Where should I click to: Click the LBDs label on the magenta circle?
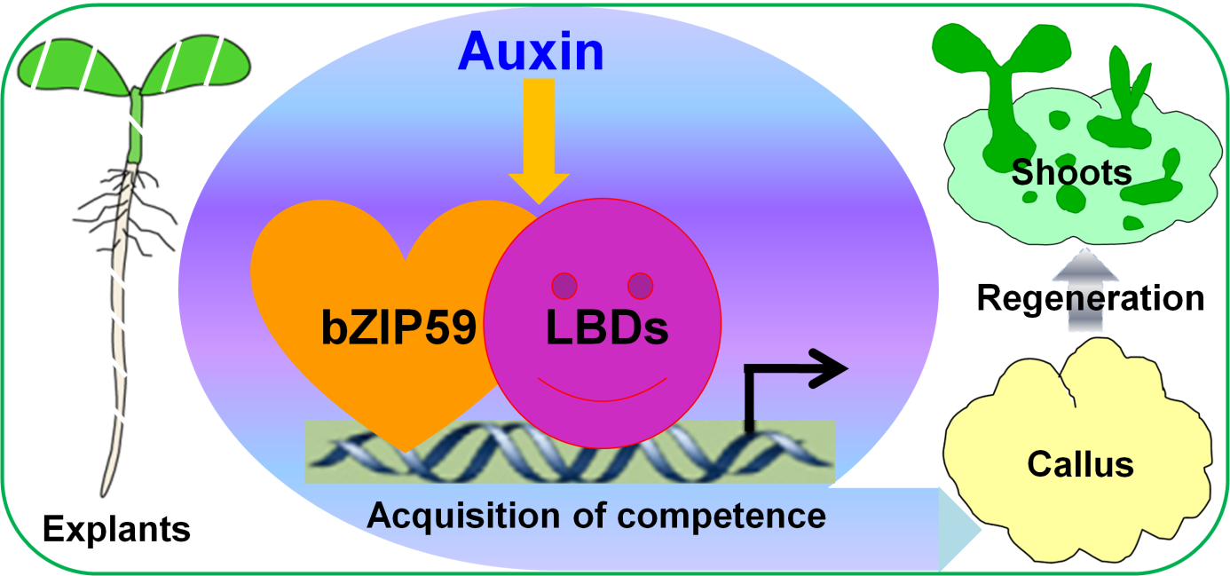click(x=606, y=329)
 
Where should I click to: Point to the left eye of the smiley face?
click(x=564, y=286)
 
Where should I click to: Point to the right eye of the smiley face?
click(x=640, y=286)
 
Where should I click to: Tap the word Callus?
click(x=1080, y=463)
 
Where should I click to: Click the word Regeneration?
click(x=1091, y=298)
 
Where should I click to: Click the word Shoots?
click(x=1071, y=171)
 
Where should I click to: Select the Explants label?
click(x=116, y=530)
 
